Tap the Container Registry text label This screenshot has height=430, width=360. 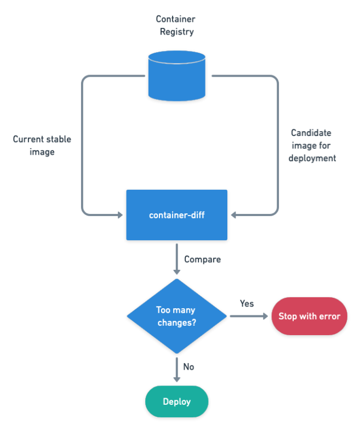(x=176, y=25)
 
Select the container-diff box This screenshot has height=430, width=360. (x=176, y=215)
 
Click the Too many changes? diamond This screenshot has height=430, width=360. (x=176, y=316)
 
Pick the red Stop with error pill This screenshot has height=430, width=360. (x=309, y=316)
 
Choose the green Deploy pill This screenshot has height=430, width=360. (x=176, y=401)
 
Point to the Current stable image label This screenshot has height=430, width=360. (x=42, y=145)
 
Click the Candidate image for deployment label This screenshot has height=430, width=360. (x=312, y=145)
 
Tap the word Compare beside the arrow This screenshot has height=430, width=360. (x=202, y=259)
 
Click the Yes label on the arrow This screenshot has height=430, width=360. (x=247, y=303)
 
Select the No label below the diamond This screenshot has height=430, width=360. (x=188, y=366)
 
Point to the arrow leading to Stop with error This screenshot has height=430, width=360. (x=249, y=316)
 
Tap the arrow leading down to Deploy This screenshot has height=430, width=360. (x=176, y=370)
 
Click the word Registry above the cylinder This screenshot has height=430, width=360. (x=176, y=32)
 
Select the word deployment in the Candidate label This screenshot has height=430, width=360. (x=312, y=158)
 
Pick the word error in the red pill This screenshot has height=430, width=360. (x=329, y=316)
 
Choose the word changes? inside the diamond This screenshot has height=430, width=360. (x=176, y=322)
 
